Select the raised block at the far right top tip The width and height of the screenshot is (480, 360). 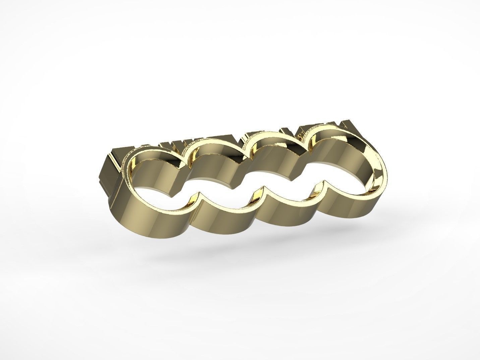coord(349,127)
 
